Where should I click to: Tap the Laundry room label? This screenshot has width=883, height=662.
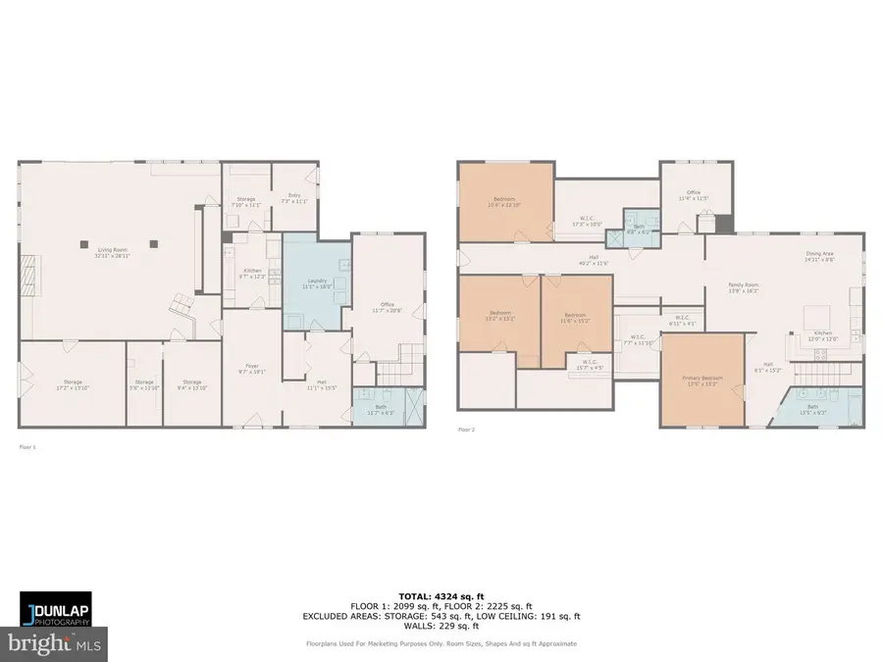[316, 284]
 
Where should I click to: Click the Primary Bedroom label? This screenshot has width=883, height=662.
[703, 381]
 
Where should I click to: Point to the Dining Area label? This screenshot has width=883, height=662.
[818, 257]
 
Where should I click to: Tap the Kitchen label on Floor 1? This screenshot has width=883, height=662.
[252, 273]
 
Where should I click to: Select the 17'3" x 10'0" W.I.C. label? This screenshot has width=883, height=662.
[586, 222]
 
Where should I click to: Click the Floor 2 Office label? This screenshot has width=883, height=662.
[694, 195]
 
